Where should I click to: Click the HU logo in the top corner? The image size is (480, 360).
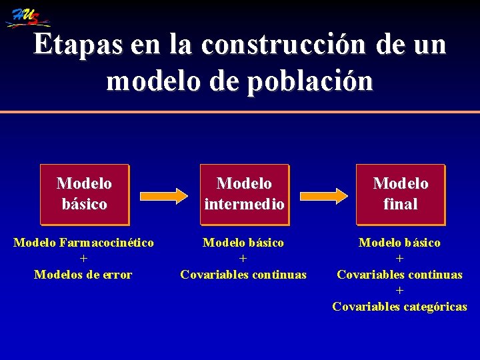click(x=27, y=16)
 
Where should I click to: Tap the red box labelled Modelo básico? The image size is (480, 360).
click(x=84, y=193)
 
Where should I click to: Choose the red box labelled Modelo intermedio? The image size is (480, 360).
click(x=244, y=193)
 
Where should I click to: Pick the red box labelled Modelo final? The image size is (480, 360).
click(x=400, y=193)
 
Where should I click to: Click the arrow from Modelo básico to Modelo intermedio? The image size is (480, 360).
click(x=164, y=195)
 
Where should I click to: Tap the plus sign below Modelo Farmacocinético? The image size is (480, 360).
click(x=83, y=259)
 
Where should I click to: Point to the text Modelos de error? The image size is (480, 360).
click(x=83, y=275)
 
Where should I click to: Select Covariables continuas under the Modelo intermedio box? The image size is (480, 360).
click(x=243, y=275)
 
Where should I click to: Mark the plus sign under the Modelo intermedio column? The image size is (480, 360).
click(x=243, y=259)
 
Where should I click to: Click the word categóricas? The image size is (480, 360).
click(x=433, y=307)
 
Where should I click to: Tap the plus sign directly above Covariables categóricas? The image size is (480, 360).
click(x=400, y=291)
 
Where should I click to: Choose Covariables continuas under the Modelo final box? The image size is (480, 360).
click(x=400, y=275)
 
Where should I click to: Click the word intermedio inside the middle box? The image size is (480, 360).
click(x=244, y=203)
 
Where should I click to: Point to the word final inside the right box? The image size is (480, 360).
click(x=400, y=203)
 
